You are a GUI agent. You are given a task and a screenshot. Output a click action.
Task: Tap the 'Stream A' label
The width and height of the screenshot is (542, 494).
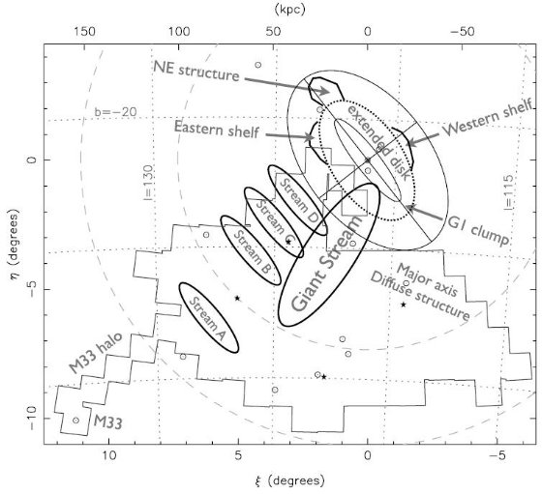pyautogui.click(x=208, y=318)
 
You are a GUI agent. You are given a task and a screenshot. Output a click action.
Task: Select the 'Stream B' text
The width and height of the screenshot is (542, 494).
pyautogui.click(x=252, y=251)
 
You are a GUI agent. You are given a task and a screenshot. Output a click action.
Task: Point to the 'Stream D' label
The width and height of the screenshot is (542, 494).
pyautogui.click(x=299, y=200)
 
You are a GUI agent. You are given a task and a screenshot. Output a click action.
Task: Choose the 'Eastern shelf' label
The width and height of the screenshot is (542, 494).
pyautogui.click(x=217, y=129)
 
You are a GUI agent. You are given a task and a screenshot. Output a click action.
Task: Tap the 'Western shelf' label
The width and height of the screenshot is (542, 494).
pyautogui.click(x=488, y=118)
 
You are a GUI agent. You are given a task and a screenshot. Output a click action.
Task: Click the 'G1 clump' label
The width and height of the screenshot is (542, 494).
pyautogui.click(x=478, y=231)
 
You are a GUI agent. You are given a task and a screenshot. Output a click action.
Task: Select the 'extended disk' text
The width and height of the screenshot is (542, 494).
pyautogui.click(x=379, y=142)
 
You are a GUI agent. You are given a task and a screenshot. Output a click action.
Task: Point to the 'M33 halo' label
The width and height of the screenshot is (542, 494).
pyautogui.click(x=96, y=353)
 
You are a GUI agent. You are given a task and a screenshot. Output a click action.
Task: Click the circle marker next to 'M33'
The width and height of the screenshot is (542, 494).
pyautogui.click(x=76, y=421)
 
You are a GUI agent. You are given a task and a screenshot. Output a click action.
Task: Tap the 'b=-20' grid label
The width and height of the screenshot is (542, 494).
pyautogui.click(x=115, y=112)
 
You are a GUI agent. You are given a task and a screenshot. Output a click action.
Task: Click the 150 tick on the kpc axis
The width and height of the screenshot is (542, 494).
pyautogui.click(x=84, y=32)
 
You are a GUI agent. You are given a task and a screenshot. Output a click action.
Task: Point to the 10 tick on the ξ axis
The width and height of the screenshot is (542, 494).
pyautogui.click(x=109, y=455)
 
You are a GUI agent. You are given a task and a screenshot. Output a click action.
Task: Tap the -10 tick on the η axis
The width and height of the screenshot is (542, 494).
pyautogui.click(x=32, y=418)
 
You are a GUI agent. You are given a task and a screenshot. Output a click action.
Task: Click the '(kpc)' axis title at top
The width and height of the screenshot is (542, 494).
pyautogui.click(x=290, y=10)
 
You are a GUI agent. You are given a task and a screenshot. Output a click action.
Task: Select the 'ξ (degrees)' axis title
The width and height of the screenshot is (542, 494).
pyautogui.click(x=290, y=480)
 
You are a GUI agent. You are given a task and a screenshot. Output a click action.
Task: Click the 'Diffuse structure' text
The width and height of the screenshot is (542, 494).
pyautogui.click(x=420, y=297)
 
